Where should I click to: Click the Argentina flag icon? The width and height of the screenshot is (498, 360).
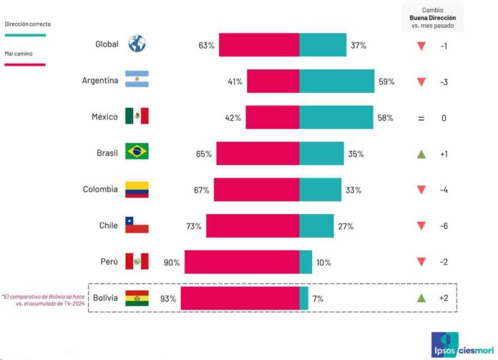pos(136,80)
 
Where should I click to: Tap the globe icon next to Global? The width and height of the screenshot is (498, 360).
pos(136,44)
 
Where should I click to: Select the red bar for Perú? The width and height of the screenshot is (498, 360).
pos(241,262)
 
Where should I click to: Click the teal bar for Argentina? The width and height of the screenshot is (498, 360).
pos(336,81)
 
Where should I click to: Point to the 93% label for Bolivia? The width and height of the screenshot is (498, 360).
pos(169,298)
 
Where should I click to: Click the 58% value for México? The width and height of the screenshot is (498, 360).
pos(386,117)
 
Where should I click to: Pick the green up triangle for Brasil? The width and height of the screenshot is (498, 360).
pos(421,154)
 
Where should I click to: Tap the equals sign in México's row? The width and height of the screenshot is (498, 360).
pos(421,117)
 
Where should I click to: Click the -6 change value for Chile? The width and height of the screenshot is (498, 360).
pos(444,226)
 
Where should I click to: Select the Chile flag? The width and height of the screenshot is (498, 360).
pos(136,225)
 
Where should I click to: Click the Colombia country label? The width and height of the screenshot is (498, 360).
pos(100,190)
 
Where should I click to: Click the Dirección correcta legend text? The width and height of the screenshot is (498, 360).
pos(27,24)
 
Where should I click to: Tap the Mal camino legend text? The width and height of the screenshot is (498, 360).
pos(19,53)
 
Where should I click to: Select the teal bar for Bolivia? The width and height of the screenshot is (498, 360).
pos(303,298)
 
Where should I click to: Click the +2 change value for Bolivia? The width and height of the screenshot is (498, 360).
pos(444,298)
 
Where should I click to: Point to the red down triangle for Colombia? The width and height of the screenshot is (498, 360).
pos(421,190)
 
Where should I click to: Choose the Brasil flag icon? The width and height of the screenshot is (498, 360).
pos(136,152)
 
